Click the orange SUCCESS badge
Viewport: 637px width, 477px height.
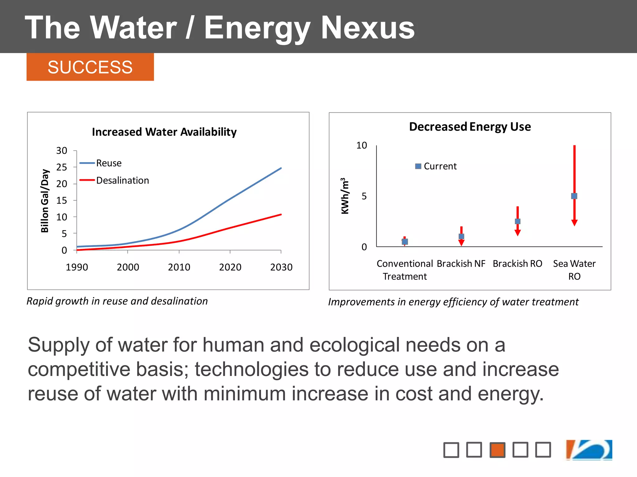[90, 67]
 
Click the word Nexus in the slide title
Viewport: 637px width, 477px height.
[368, 28]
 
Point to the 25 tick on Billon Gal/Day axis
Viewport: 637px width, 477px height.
[62, 167]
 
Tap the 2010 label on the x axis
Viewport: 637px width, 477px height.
[179, 267]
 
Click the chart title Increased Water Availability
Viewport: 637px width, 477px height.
[164, 132]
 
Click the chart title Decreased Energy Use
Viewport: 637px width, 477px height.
[470, 127]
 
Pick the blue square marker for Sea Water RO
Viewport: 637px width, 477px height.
[574, 196]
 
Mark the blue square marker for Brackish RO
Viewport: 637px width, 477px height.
[518, 221]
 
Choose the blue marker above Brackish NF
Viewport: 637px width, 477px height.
[461, 236]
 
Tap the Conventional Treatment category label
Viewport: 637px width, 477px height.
[405, 270]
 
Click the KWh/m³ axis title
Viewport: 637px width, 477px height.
[345, 196]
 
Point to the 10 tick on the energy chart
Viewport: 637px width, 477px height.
[361, 145]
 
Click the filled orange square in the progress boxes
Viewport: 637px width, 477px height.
[497, 450]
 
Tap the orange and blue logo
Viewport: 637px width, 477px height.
[589, 450]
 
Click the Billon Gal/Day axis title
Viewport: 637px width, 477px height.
[45, 201]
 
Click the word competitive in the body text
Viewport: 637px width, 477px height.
[79, 370]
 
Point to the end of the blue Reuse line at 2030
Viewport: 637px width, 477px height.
[281, 168]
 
